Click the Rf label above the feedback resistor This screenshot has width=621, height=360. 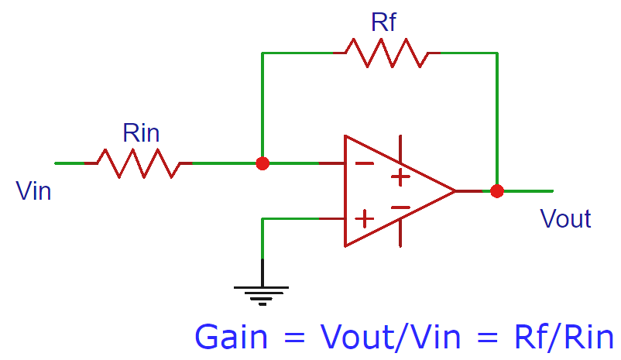[383, 22]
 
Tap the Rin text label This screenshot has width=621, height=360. [141, 133]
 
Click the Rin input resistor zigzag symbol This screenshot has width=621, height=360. [138, 163]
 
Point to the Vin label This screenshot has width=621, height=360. [33, 190]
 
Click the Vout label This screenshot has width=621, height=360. [565, 219]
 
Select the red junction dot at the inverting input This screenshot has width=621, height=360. [262, 163]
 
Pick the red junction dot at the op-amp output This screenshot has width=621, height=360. [497, 190]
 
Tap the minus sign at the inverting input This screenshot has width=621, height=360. [363, 163]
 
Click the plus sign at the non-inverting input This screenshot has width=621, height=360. [363, 218]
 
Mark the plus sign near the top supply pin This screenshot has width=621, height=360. [400, 177]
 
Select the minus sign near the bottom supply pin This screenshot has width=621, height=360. [400, 207]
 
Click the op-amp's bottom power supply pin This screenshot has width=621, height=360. [400, 235]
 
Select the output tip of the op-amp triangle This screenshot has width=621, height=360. [455, 190]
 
